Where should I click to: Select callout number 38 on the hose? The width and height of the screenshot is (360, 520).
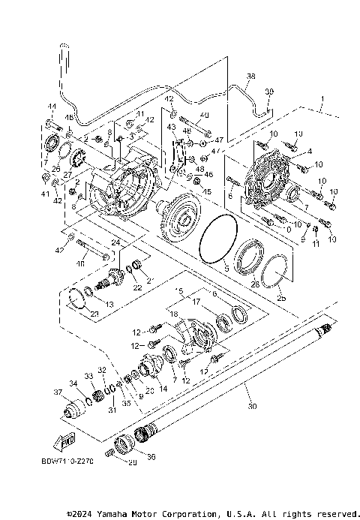click(250, 77)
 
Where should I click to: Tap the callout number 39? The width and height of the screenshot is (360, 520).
click(269, 92)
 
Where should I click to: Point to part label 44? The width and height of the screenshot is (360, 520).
click(52, 107)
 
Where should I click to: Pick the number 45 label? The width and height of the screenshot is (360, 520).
click(207, 191)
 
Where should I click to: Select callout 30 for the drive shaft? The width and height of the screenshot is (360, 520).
click(250, 407)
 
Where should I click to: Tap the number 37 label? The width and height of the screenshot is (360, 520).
click(57, 392)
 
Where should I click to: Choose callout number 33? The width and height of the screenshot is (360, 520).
click(88, 374)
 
